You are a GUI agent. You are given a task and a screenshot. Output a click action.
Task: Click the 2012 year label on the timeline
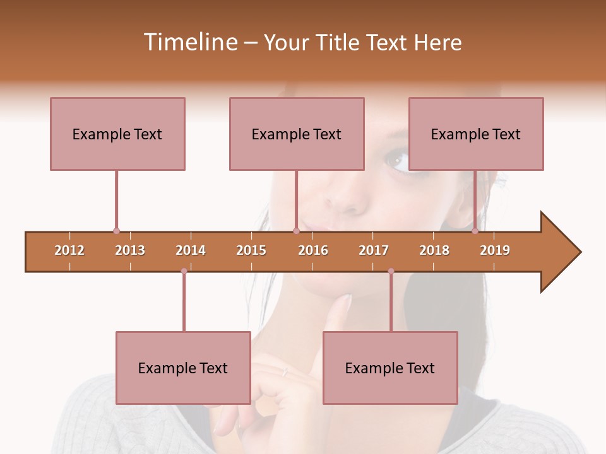point(69,250)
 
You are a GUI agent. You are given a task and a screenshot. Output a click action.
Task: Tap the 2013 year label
point(130,250)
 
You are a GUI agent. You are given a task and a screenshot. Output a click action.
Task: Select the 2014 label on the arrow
point(191,250)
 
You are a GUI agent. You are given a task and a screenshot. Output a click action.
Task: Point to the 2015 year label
point(251,250)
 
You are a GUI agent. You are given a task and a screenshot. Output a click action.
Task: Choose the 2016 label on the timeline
point(313,250)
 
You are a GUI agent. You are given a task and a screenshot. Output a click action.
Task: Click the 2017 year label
point(374,250)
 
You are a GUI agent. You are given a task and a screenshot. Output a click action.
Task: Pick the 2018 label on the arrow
point(434,250)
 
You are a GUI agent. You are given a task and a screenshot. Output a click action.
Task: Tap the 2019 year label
point(495,250)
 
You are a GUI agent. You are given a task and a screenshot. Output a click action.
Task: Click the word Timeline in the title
point(189,42)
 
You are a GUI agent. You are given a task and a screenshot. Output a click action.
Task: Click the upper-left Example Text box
point(117,134)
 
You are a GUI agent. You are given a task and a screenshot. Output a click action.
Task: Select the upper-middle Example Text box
point(297,134)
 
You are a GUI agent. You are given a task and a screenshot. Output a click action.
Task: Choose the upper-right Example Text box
point(476,134)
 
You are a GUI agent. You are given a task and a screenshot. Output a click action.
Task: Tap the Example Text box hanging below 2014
point(183,368)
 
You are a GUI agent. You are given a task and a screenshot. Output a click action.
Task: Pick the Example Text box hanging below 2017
point(390,368)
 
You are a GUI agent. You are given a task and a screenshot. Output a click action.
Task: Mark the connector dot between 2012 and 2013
point(116,231)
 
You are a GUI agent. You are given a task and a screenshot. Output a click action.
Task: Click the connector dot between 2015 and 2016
point(296,231)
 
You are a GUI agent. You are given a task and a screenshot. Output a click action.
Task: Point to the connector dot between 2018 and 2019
point(475,231)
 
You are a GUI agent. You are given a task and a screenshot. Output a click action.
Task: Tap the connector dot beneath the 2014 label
point(184,271)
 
